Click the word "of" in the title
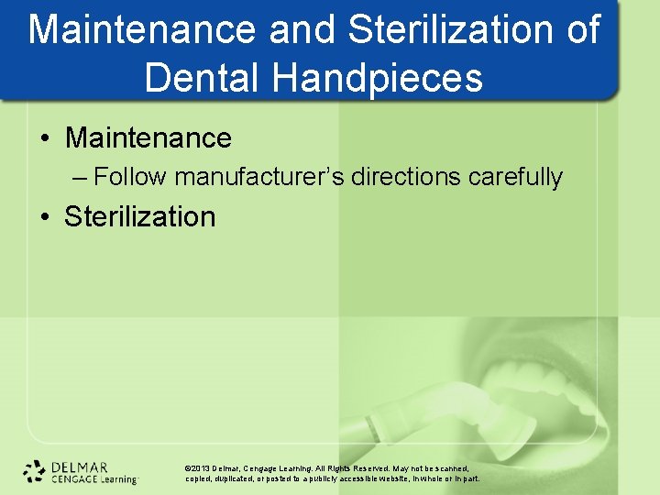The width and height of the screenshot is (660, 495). (x=583, y=30)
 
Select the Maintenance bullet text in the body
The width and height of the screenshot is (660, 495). (x=148, y=138)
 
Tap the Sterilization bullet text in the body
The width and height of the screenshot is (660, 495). (x=140, y=217)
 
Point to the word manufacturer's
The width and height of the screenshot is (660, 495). (x=258, y=177)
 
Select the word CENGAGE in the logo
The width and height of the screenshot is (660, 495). (x=74, y=478)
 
